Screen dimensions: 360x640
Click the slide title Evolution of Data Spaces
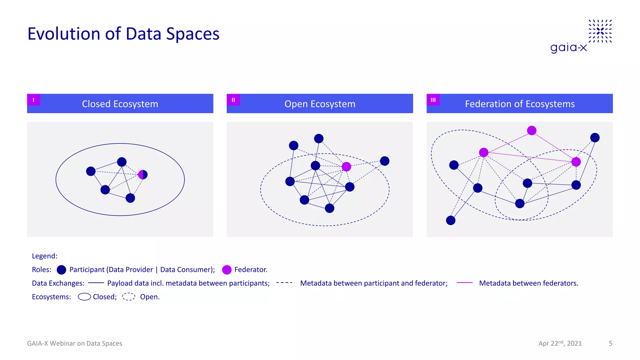[123, 34]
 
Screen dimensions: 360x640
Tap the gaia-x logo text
[568, 47]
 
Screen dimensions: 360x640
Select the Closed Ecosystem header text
[120, 104]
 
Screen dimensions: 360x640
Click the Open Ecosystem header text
[320, 104]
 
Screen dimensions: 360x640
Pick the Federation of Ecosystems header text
[520, 104]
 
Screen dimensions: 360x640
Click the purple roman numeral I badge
[33, 100]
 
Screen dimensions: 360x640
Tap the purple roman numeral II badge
[233, 100]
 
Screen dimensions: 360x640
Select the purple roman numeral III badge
[433, 100]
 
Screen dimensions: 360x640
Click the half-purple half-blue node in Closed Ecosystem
[143, 174]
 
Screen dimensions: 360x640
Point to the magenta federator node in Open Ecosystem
[346, 167]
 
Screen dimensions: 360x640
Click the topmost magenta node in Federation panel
[532, 130]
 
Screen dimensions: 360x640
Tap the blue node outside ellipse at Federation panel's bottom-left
[451, 220]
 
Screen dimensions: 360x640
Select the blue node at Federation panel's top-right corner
[595, 137]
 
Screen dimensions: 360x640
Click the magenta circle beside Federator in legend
[227, 270]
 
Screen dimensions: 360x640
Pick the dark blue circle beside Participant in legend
[62, 270]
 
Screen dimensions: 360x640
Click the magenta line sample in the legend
[465, 283]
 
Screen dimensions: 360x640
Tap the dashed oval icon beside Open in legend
[128, 297]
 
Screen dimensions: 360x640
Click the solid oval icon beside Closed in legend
[84, 297]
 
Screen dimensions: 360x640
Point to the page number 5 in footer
[610, 343]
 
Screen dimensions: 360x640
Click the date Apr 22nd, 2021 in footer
[560, 343]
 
